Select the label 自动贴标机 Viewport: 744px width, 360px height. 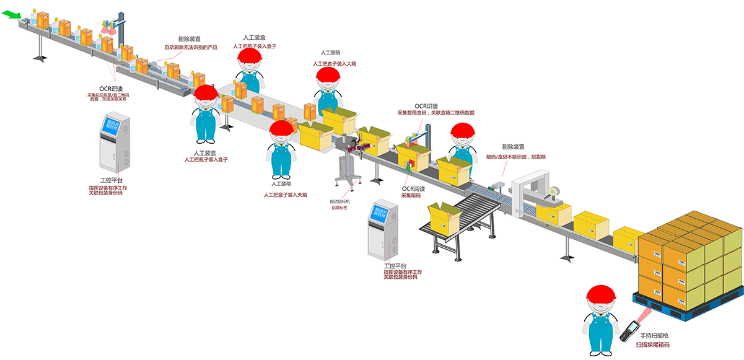340,201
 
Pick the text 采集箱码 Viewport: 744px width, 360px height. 411,195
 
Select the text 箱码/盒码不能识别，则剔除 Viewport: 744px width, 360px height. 515,157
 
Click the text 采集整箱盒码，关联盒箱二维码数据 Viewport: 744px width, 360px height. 435,113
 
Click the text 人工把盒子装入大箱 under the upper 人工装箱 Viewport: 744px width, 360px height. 334,64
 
